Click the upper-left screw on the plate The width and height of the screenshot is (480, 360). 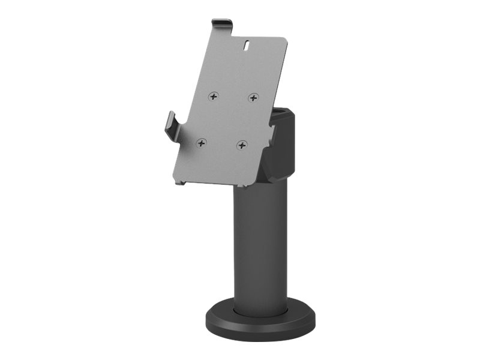(214, 96)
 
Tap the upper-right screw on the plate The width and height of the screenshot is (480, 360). (253, 98)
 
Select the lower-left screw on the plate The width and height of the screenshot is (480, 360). (202, 143)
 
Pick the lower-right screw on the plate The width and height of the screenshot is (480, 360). (242, 145)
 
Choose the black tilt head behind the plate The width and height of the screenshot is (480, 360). (282, 144)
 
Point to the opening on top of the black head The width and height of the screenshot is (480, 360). (281, 113)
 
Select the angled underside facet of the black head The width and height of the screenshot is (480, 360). (277, 174)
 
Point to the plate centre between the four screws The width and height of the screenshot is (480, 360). (228, 120)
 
